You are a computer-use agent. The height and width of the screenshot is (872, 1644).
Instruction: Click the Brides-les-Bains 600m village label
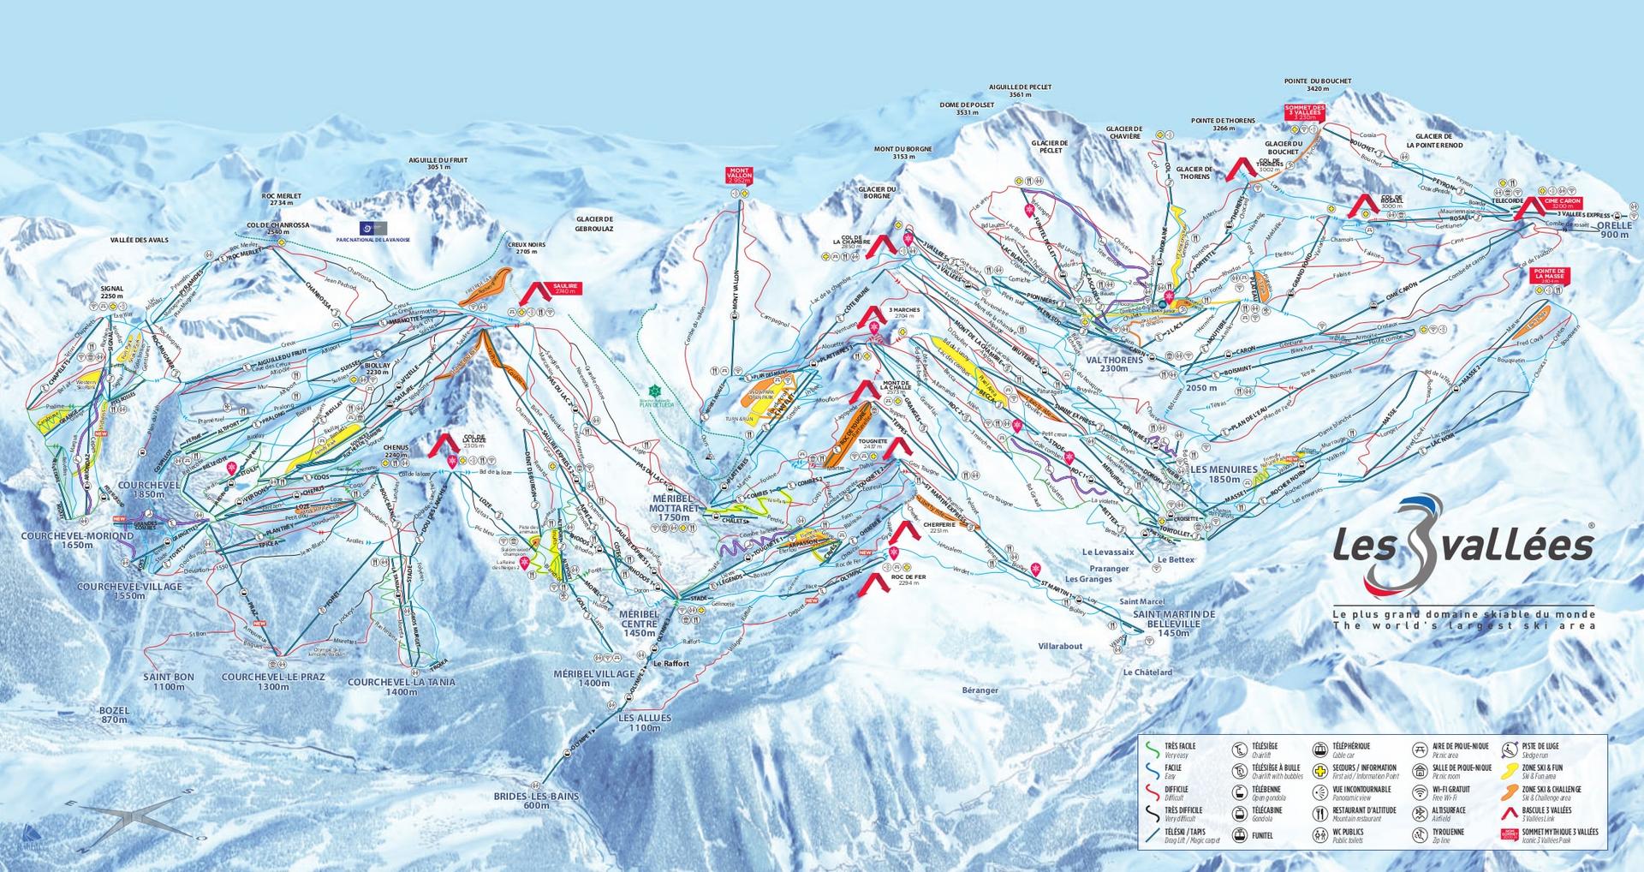pos(537,800)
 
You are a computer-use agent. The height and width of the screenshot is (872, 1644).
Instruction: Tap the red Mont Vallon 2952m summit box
pos(738,176)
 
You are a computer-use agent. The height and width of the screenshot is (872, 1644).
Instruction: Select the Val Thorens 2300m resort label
pos(1114,364)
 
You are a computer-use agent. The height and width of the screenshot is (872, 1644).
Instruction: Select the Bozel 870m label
pos(113,714)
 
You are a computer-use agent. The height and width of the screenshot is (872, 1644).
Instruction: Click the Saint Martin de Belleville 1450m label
pos(1173,624)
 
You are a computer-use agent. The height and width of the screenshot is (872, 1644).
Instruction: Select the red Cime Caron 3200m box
pos(1562,204)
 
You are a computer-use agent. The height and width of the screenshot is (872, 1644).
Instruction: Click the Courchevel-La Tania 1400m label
pos(401,687)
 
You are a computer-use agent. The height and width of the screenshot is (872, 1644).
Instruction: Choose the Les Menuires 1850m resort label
pos(1224,474)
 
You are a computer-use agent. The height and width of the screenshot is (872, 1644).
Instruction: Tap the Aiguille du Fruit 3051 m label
pos(438,164)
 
